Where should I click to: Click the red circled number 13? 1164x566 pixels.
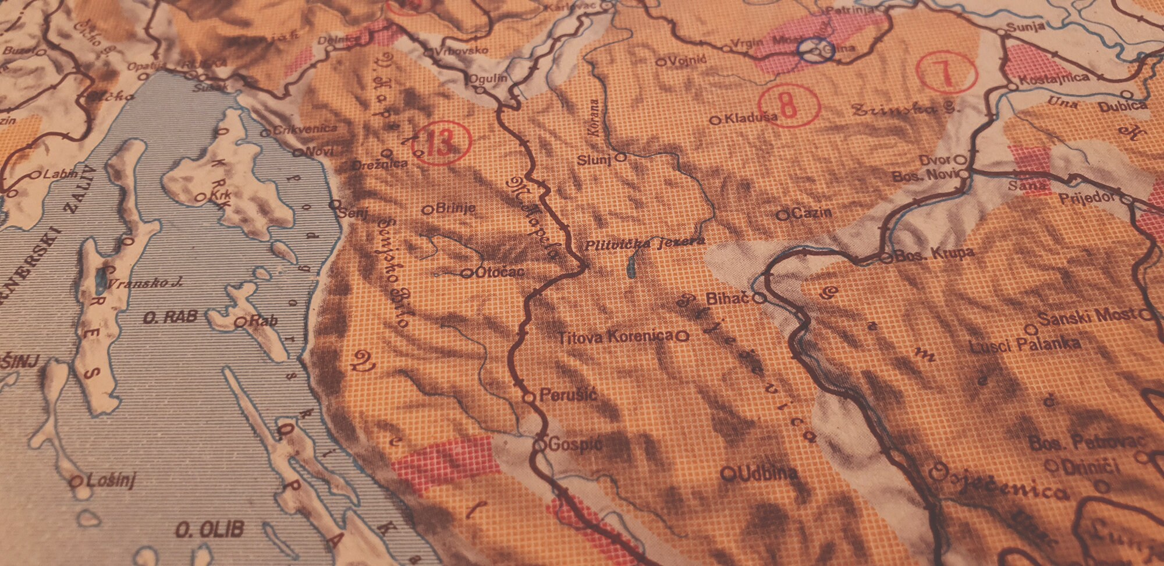pyautogui.click(x=441, y=143)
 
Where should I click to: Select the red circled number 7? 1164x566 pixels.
pyautogui.click(x=945, y=72)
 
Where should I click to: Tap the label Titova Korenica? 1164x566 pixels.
pyautogui.click(x=616, y=337)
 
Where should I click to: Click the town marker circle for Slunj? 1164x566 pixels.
pyautogui.click(x=620, y=157)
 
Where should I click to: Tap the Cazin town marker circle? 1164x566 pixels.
pyautogui.click(x=783, y=215)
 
